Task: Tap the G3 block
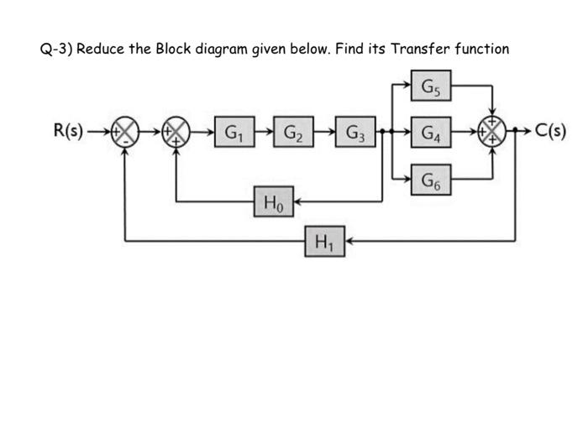(x=354, y=133)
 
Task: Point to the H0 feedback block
(x=274, y=201)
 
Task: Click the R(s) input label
(x=67, y=132)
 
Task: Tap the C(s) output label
(x=550, y=132)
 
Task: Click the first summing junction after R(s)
(x=125, y=133)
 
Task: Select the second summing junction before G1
(x=176, y=133)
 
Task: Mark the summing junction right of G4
(x=490, y=133)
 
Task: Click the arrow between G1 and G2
(x=263, y=133)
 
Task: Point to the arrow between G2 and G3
(x=324, y=133)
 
